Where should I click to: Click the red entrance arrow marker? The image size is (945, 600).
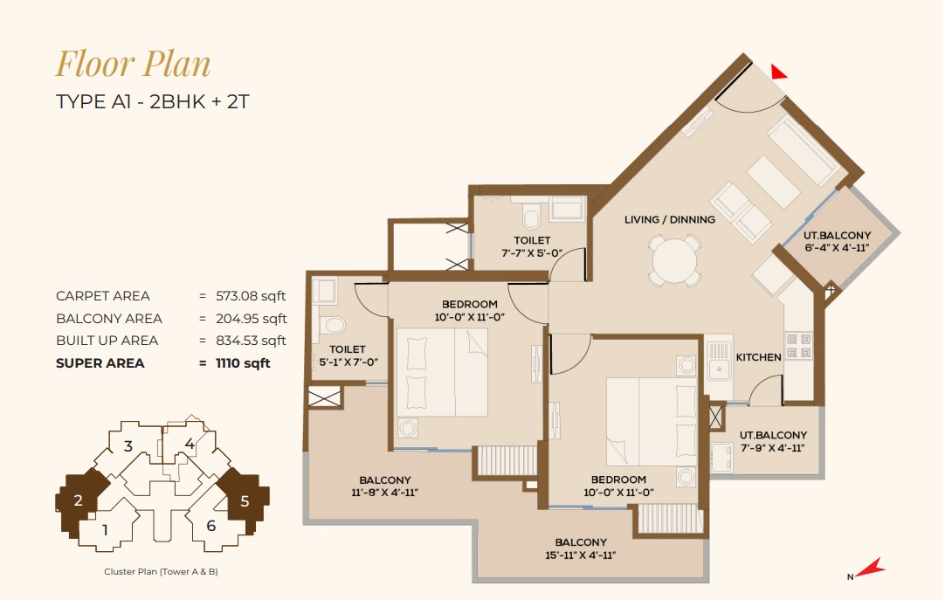778,72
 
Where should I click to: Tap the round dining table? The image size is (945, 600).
674,261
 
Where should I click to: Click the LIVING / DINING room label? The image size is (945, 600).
670,219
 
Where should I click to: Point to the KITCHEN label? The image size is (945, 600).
758,357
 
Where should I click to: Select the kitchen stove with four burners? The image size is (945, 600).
798,345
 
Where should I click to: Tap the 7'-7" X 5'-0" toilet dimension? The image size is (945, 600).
532,253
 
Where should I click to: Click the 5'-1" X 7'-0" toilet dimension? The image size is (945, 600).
348,362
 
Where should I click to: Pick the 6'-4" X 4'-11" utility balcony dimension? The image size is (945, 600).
837,247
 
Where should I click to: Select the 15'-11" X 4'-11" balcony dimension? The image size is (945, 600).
581,555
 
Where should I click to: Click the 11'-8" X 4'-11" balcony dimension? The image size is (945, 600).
384,493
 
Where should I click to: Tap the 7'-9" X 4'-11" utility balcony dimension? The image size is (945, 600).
773,447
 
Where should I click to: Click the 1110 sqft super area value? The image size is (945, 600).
243,363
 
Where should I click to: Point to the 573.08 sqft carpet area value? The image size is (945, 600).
251,296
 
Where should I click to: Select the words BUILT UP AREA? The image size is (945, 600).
107,341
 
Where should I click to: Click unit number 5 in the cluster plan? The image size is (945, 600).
245,501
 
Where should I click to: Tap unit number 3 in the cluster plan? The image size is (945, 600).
128,446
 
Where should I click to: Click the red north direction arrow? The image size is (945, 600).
869,568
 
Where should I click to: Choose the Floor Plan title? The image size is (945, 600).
134,64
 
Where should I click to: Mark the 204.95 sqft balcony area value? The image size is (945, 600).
252,318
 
